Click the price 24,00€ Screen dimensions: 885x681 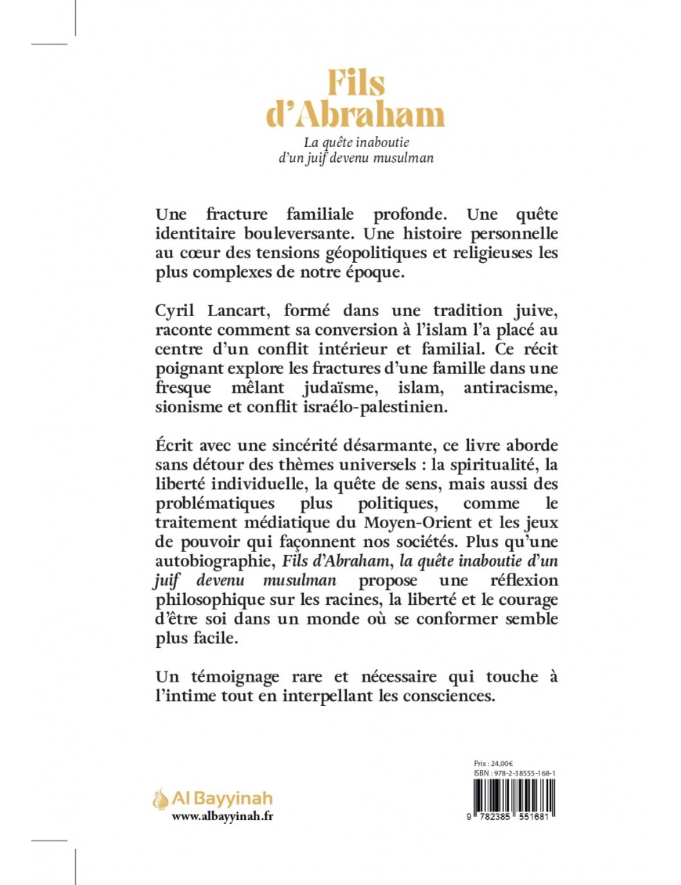[x=498, y=761]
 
